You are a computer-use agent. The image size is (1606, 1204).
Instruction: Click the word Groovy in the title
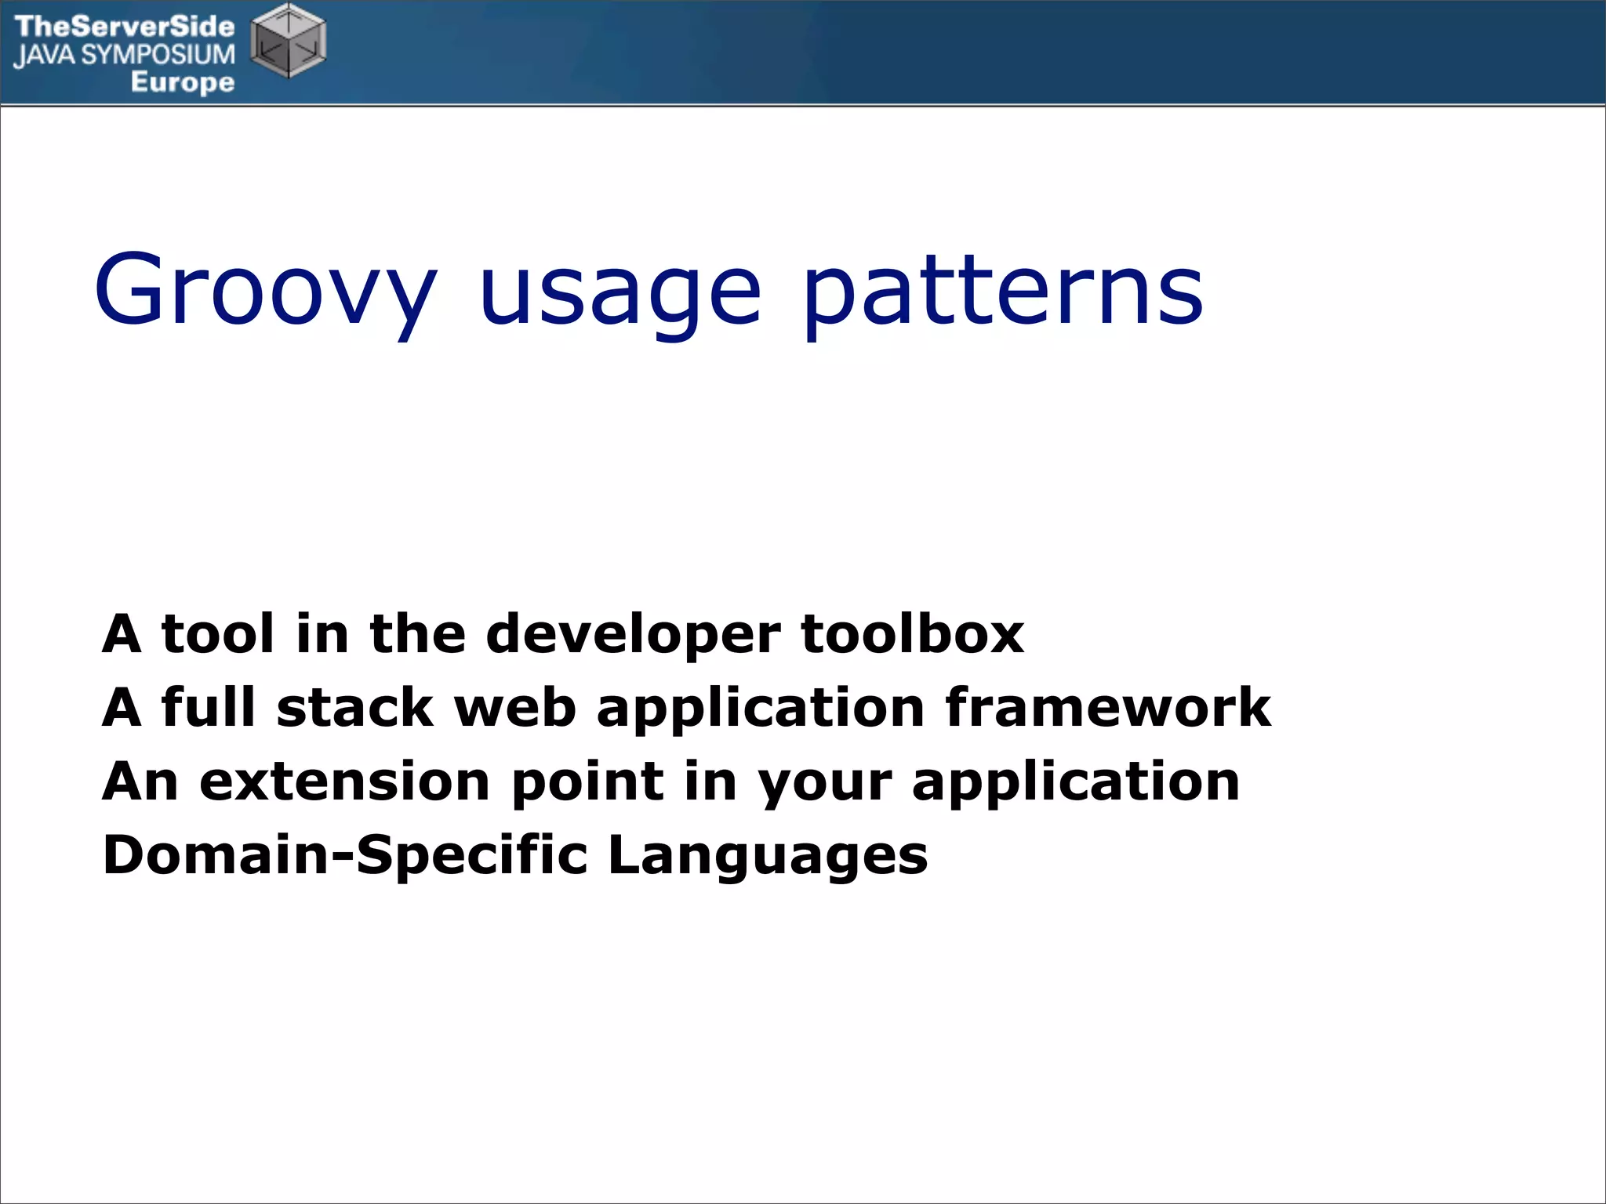click(x=265, y=290)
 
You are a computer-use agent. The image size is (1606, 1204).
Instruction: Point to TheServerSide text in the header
click(x=124, y=27)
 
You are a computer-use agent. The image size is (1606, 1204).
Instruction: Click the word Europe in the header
click(x=182, y=82)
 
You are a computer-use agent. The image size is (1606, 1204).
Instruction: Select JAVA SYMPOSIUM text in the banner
click(x=124, y=55)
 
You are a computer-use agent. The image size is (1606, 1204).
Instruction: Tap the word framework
click(x=1107, y=707)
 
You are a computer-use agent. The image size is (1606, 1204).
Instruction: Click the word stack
click(x=354, y=707)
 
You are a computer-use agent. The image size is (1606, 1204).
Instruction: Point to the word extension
click(x=345, y=782)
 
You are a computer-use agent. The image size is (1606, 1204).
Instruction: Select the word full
click(x=209, y=707)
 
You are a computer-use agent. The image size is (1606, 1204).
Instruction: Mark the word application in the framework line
click(x=761, y=709)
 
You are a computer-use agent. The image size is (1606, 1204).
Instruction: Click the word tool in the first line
click(x=218, y=633)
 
